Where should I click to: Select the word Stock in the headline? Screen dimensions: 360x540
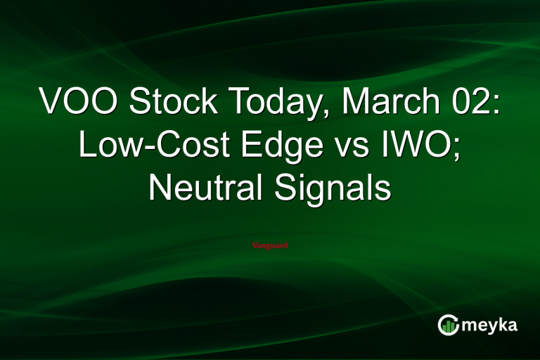(x=164, y=103)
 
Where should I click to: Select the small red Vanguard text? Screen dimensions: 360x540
(x=270, y=245)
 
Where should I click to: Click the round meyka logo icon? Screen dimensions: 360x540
(x=449, y=324)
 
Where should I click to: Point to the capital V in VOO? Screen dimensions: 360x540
(x=51, y=103)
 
